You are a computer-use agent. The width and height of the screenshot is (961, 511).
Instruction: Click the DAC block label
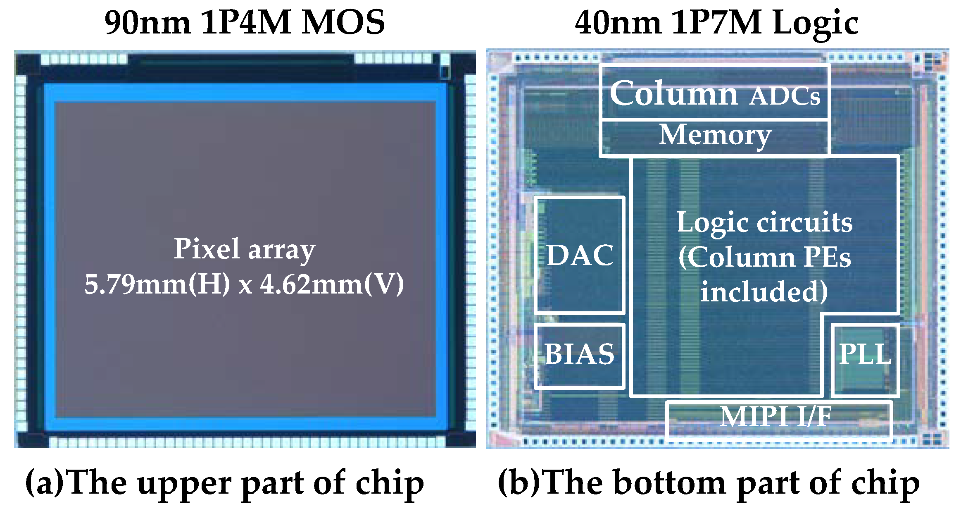click(580, 255)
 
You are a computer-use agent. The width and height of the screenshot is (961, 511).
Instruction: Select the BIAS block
click(579, 354)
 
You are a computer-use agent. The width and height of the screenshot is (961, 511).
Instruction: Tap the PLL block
click(865, 354)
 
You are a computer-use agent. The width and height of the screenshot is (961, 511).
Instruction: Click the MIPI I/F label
click(775, 416)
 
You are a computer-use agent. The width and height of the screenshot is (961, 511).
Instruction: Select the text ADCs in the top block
click(785, 96)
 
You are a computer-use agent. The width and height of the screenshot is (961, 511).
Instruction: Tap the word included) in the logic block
click(764, 291)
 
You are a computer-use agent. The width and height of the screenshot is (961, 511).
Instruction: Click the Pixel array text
click(244, 249)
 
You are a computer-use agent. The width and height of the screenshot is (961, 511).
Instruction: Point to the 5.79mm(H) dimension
click(157, 284)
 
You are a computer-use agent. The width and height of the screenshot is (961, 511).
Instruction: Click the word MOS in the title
click(343, 23)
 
